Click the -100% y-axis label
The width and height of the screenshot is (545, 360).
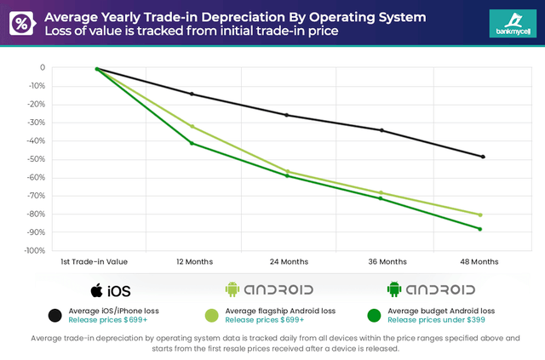(33, 251)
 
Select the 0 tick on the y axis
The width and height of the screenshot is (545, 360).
(42, 68)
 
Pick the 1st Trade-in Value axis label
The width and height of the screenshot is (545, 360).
(95, 261)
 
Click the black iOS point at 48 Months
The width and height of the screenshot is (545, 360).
(483, 157)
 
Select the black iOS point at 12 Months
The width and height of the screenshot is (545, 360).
(192, 94)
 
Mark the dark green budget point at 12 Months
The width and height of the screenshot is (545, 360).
(192, 143)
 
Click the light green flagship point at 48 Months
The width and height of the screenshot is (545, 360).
(480, 214)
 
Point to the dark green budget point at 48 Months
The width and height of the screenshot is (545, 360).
(480, 229)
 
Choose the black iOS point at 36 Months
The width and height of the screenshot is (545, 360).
(381, 130)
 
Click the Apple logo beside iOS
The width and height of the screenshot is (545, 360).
(96, 289)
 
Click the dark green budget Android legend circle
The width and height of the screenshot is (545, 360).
(371, 316)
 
